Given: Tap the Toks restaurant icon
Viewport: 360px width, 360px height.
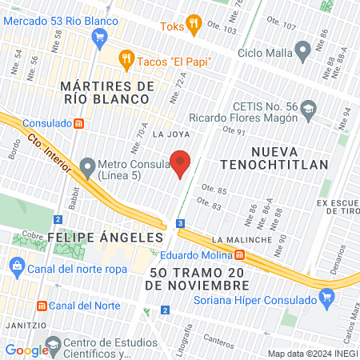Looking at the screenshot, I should pyautogui.click(x=192, y=25).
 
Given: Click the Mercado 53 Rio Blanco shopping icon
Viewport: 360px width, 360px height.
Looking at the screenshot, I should pyautogui.click(x=100, y=36).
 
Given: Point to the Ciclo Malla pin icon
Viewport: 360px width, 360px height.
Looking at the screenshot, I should pyautogui.click(x=302, y=53).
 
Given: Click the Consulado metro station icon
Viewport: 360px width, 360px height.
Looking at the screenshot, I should pyautogui.click(x=78, y=123).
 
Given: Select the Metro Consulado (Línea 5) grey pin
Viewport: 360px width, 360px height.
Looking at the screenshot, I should pyautogui.click(x=88, y=164).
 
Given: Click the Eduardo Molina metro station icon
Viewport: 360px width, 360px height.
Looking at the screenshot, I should pyautogui.click(x=240, y=255).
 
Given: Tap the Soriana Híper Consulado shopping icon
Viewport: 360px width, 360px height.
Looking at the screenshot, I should pyautogui.click(x=326, y=299).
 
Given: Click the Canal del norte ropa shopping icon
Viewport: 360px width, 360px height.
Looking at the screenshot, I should pyautogui.click(x=14, y=269).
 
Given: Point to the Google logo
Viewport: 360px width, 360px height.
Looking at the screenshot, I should pyautogui.click(x=26, y=350).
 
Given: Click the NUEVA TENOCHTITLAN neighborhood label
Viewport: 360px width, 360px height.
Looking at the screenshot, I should pyautogui.click(x=290, y=158).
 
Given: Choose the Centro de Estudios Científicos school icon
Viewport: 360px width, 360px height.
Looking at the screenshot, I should pyautogui.click(x=54, y=346).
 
